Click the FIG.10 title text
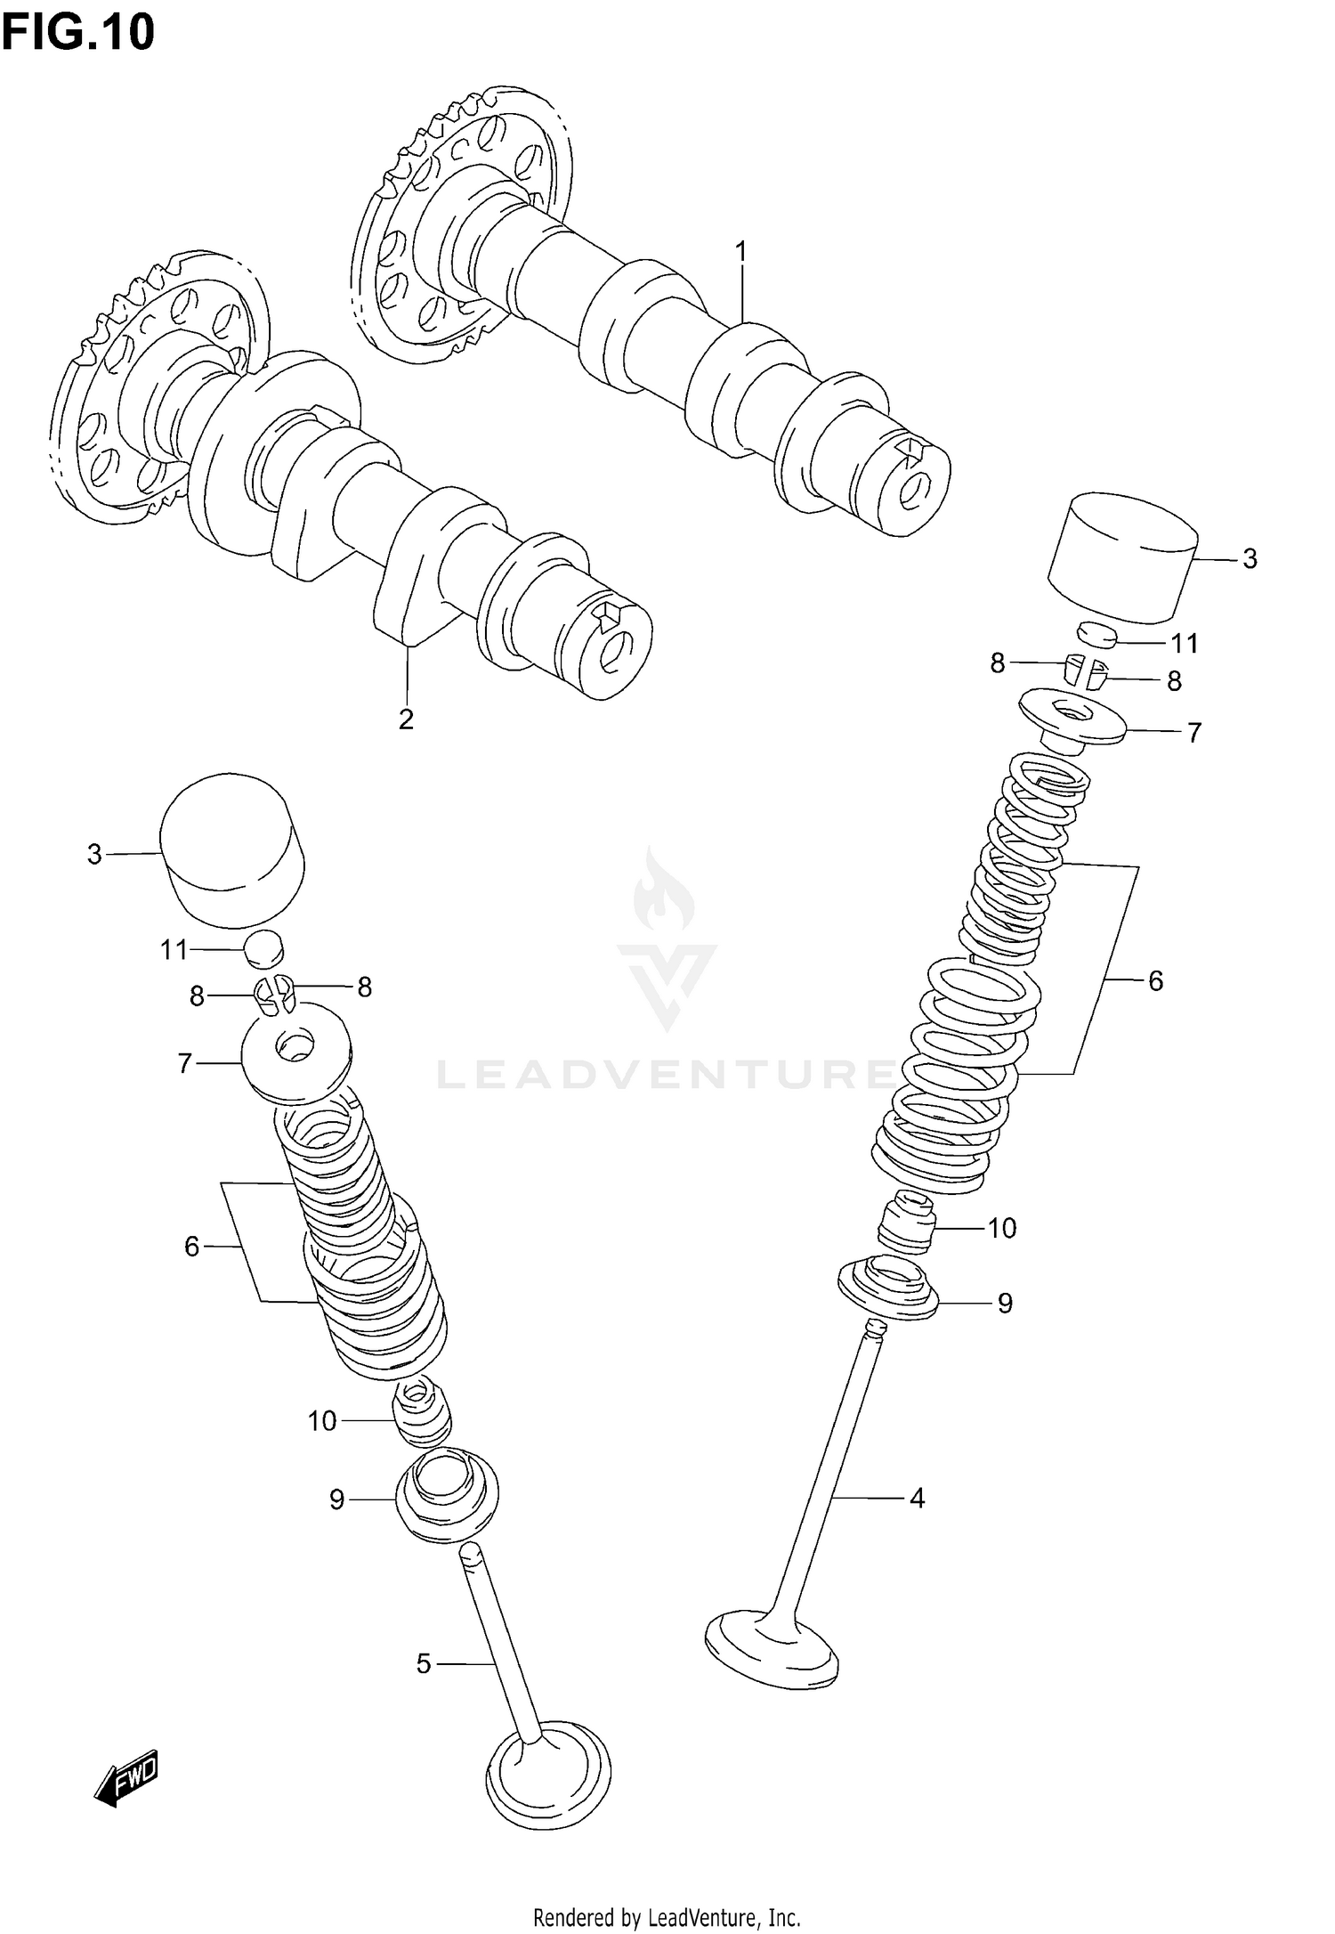78,32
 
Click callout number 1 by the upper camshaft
740,253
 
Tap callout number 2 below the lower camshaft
406,719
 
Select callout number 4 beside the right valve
917,1499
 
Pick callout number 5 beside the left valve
424,1663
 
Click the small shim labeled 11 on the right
1096,635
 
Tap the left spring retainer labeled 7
296,1052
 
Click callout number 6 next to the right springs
1155,981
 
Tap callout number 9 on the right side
1005,1304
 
